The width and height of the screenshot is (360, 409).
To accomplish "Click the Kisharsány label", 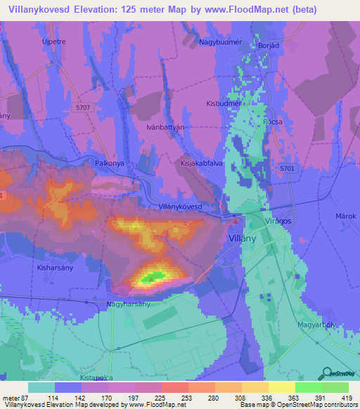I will (51, 268).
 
